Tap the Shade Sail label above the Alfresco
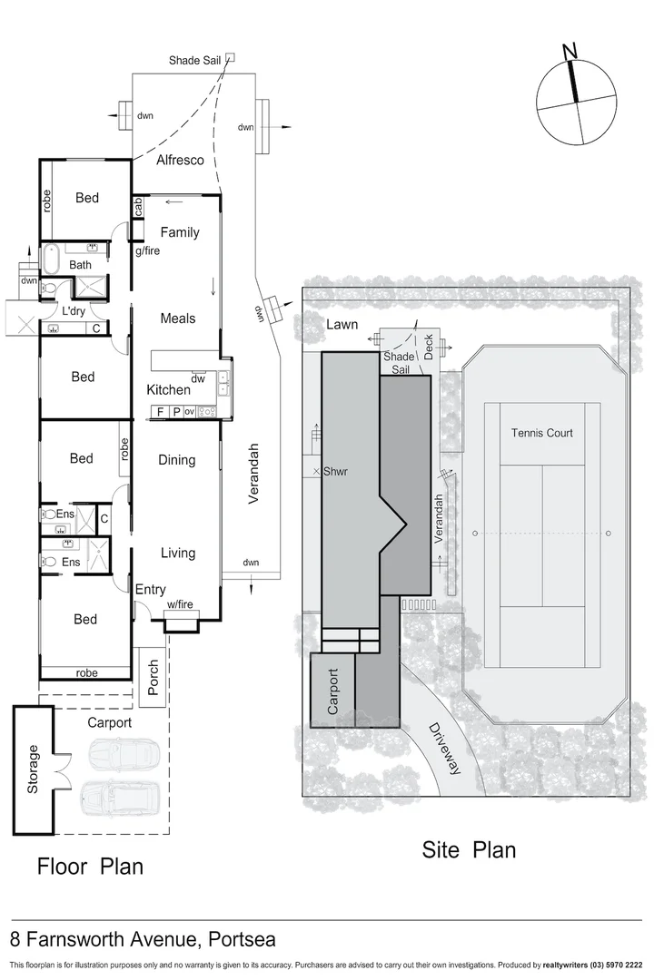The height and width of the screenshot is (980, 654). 195,61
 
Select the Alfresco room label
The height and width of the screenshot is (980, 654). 180,161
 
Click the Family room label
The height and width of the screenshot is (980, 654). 180,232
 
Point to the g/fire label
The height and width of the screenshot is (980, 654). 147,250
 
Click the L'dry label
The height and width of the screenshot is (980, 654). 74,311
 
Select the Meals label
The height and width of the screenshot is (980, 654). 178,318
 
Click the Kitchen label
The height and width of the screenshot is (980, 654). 169,390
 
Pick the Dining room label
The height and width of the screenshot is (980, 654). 177,460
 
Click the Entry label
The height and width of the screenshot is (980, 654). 151,590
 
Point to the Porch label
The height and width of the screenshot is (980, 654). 153,678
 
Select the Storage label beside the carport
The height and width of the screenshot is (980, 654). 34,769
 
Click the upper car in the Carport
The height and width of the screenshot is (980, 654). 124,753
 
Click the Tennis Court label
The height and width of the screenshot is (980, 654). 541,433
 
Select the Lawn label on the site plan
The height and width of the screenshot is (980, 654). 342,324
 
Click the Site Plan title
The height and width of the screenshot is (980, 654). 469,850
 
